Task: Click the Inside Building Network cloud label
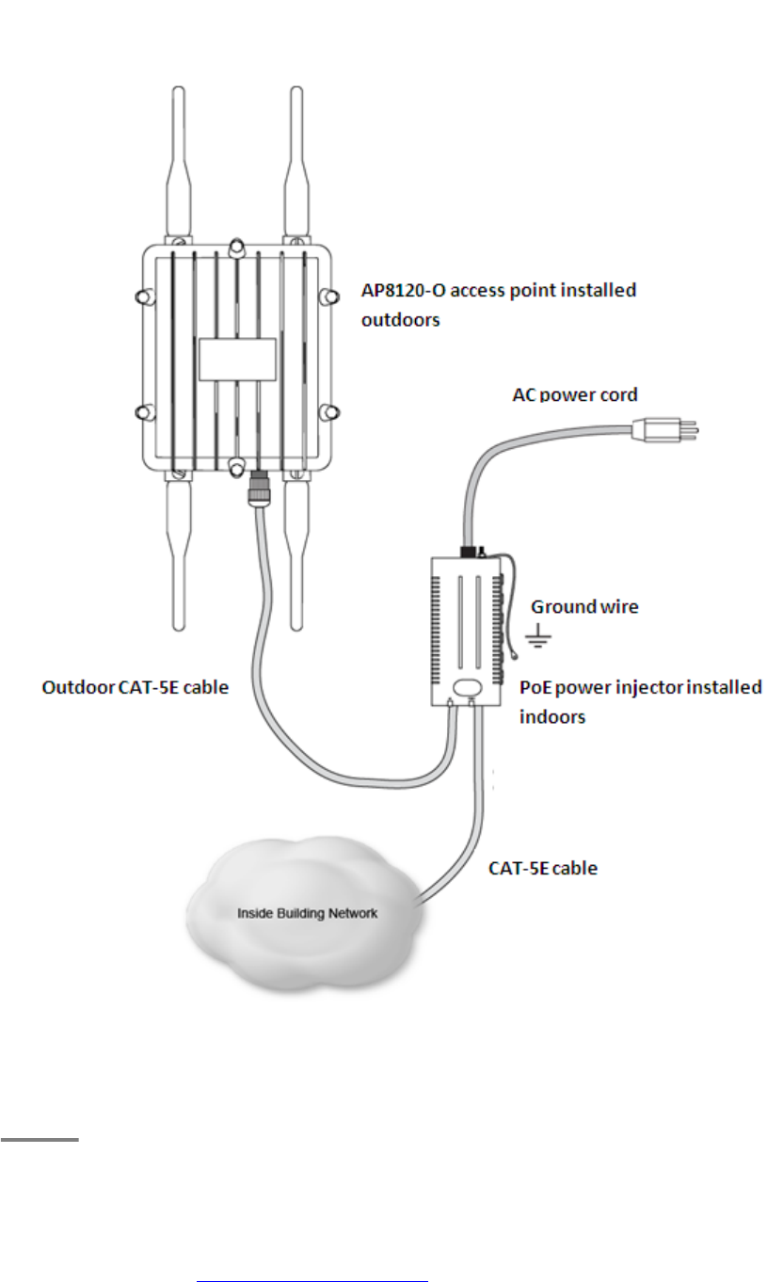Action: coord(293,912)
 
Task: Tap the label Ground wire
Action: coord(584,607)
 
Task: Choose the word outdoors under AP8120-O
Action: coord(401,320)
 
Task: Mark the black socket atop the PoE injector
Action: coord(466,551)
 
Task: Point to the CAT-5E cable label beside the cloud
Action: coord(542,868)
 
